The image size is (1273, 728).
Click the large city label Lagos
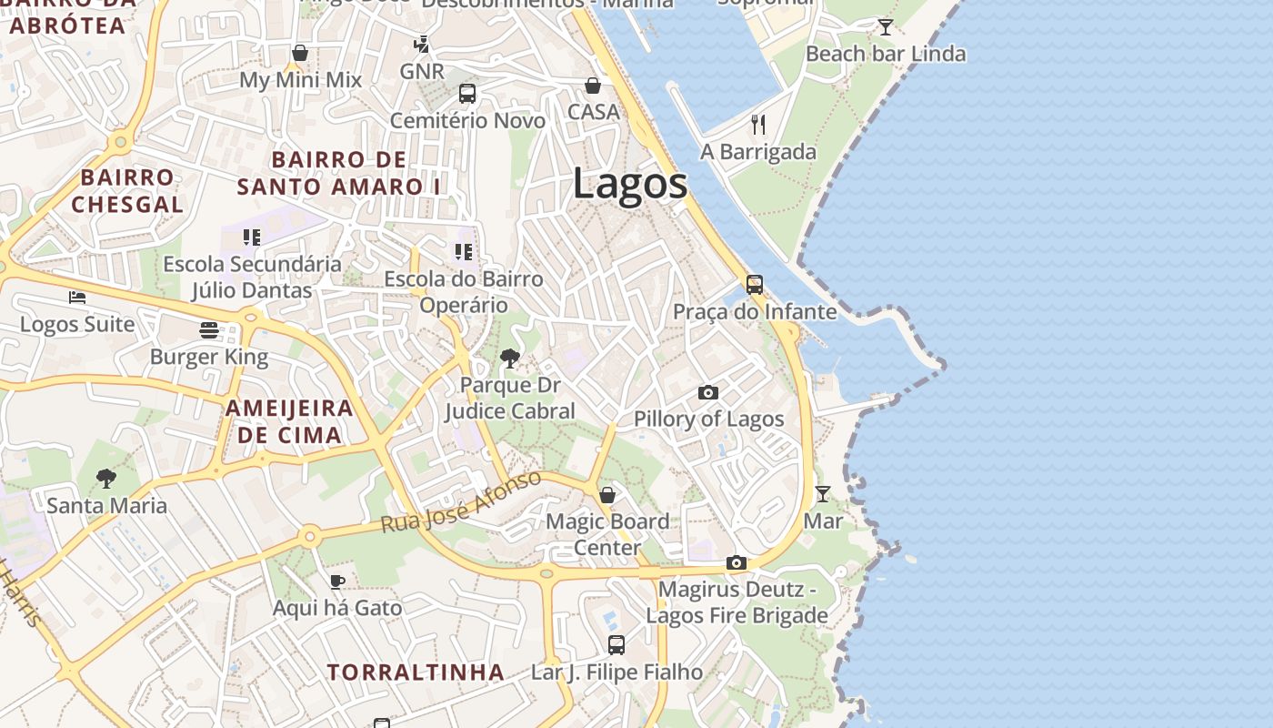630,185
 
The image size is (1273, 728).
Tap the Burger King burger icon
209,329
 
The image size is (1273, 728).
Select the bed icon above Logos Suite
77,297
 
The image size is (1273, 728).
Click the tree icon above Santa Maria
106,478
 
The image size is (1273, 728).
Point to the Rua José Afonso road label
461,501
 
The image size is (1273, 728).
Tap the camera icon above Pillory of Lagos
708,392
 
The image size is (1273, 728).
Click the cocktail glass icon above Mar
823,493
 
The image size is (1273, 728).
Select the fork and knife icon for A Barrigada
758,124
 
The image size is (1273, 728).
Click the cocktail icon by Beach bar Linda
886,26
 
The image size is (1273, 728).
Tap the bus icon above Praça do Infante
755,284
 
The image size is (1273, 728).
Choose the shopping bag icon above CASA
593,85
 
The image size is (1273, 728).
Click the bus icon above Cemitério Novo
467,93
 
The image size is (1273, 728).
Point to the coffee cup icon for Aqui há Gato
337,581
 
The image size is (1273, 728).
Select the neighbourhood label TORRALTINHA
416,672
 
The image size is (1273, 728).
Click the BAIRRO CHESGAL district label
127,190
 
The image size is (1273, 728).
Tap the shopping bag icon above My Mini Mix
300,53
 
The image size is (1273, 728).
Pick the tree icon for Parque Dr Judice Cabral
510,359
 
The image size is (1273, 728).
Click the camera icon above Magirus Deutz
737,562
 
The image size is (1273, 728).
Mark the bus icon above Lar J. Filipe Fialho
616,645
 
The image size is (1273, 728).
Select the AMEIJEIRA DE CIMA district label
289,420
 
